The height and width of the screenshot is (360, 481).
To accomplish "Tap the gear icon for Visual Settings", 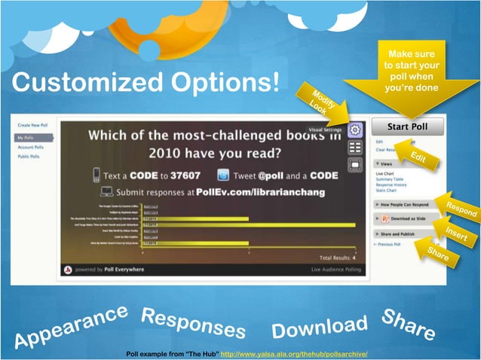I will click(x=355, y=130).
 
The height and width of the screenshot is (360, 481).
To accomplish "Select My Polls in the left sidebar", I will click(x=35, y=138).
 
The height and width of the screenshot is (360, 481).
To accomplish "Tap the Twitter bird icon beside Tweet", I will click(x=223, y=174).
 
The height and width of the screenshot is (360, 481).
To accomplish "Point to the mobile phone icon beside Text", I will click(x=97, y=175).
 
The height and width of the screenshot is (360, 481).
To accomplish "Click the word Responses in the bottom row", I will click(x=193, y=323).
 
